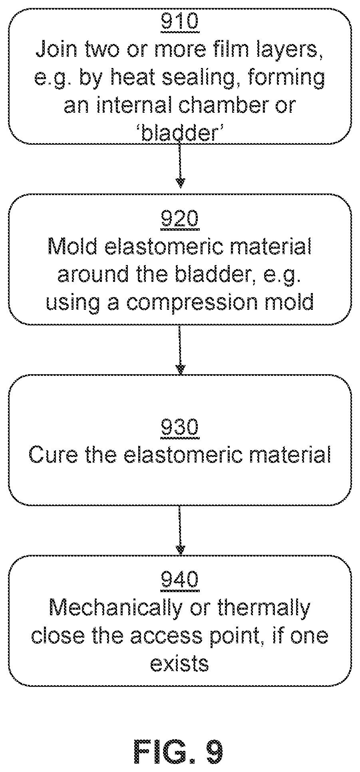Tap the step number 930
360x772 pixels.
click(x=180, y=428)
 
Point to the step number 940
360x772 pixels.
click(x=180, y=580)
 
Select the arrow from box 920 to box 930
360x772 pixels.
click(x=180, y=350)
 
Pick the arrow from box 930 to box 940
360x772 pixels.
click(x=180, y=531)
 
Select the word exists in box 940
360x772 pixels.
click(x=180, y=664)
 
